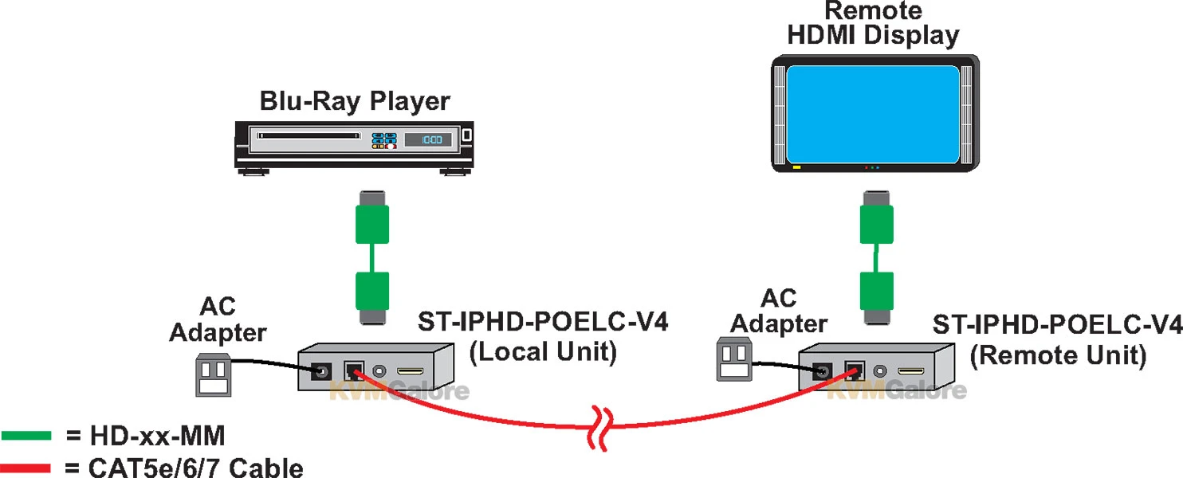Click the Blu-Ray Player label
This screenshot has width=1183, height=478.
[x=355, y=102]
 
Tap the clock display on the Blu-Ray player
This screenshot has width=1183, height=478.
[x=428, y=139]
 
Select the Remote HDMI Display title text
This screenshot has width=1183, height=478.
[x=872, y=24]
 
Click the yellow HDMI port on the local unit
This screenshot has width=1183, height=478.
[x=411, y=372]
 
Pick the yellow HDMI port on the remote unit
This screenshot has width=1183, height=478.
[x=911, y=372]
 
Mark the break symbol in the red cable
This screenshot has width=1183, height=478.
[x=602, y=420]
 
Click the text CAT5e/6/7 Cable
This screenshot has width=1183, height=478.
[x=184, y=467]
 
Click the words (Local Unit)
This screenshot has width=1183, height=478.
[x=543, y=352]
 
